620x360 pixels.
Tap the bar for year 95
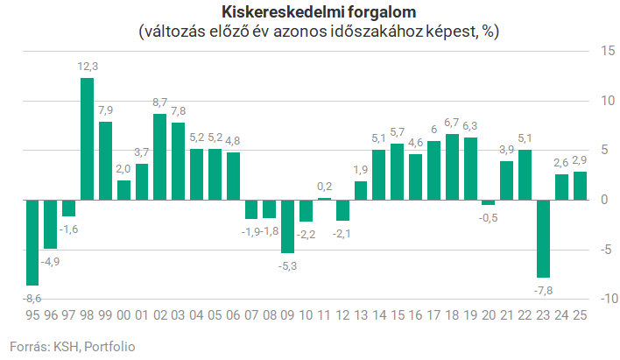(x=32, y=242)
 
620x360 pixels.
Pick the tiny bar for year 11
(x=324, y=199)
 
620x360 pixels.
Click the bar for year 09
(x=288, y=226)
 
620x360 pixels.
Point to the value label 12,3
(x=88, y=67)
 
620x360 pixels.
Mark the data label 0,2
(x=324, y=186)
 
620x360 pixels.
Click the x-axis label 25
(x=580, y=316)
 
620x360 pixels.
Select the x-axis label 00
(x=123, y=316)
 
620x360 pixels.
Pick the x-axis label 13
(x=361, y=316)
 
